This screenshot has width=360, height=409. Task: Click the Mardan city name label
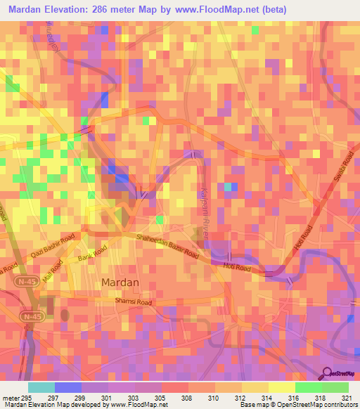click(120, 283)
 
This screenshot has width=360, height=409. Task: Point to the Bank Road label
click(94, 252)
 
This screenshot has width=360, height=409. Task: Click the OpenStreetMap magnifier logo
click(328, 373)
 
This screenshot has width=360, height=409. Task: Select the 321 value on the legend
click(347, 398)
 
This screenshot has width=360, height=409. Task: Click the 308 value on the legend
click(188, 398)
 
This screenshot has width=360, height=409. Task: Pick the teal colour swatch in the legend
click(41, 387)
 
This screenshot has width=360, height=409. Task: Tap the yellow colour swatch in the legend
click(281, 387)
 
